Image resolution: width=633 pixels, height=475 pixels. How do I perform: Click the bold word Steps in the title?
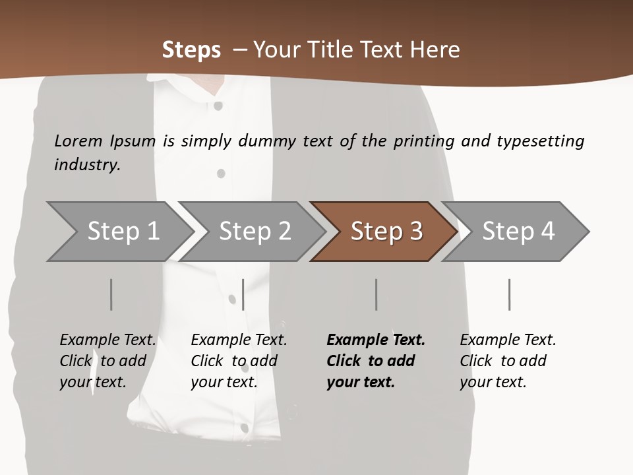click(191, 50)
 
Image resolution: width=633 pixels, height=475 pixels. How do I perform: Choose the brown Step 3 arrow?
click(386, 232)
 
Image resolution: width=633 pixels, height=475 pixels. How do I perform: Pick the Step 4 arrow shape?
click(518, 232)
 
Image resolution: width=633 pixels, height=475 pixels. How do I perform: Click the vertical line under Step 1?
click(111, 294)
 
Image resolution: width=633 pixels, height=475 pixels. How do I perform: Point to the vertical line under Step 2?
click(243, 294)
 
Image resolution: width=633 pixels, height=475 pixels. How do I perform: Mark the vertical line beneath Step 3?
click(377, 294)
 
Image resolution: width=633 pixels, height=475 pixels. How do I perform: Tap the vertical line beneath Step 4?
click(510, 294)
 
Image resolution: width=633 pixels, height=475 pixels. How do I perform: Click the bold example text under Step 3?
click(376, 361)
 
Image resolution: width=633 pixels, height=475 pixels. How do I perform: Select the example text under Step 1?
click(107, 361)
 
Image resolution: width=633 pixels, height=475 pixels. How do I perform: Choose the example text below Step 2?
click(239, 361)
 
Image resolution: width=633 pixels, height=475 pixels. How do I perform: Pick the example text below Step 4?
click(508, 361)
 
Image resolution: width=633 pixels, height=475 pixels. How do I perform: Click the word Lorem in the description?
click(78, 141)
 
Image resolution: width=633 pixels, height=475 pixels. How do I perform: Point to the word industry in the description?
click(87, 165)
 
